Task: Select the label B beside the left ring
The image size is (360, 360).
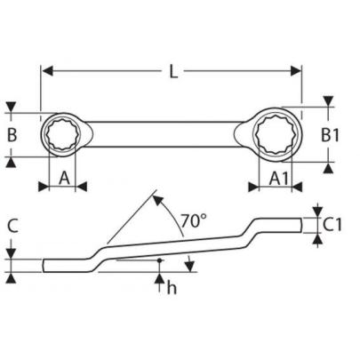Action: pyautogui.click(x=12, y=136)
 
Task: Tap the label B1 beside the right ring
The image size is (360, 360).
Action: pyautogui.click(x=330, y=136)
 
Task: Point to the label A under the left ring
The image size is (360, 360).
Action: pyautogui.click(x=64, y=178)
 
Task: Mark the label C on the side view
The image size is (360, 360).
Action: pyautogui.click(x=12, y=226)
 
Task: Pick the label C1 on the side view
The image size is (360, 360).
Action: pyautogui.click(x=332, y=223)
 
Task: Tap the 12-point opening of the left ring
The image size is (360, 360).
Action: pyautogui.click(x=64, y=136)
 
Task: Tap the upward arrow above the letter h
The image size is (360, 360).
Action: pyautogui.click(x=159, y=279)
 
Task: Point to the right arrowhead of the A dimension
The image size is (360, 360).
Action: pyautogui.click(x=82, y=186)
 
